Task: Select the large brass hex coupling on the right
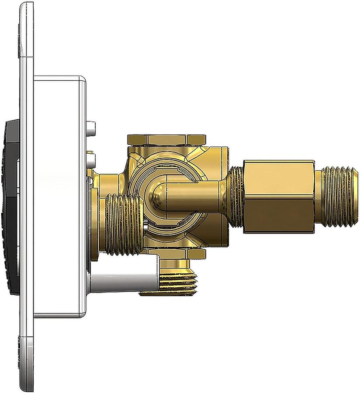277,196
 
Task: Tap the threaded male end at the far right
336,196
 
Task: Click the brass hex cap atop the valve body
166,140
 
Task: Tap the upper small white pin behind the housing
90,128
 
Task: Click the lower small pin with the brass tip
91,157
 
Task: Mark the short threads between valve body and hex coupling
236,196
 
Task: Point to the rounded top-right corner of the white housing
82,80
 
